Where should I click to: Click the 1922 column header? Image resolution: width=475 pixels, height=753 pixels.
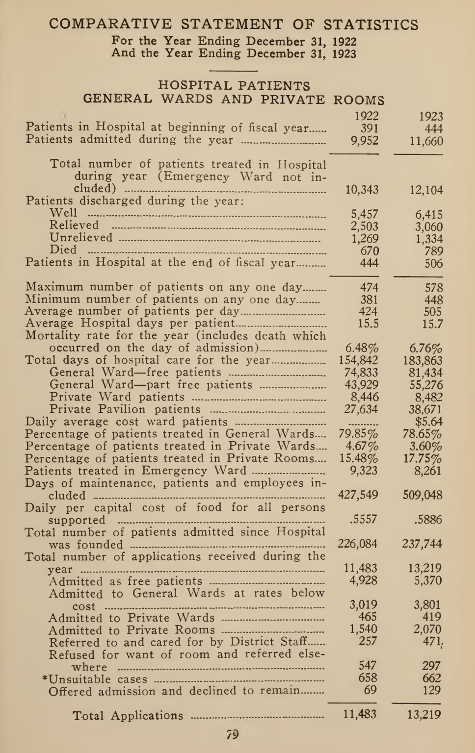click(367, 116)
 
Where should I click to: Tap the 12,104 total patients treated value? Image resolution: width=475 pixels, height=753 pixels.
click(426, 190)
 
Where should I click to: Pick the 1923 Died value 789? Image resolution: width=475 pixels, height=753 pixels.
click(433, 251)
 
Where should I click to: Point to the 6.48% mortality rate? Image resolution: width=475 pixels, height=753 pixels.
click(362, 349)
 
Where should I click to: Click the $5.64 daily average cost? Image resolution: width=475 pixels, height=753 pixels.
click(428, 422)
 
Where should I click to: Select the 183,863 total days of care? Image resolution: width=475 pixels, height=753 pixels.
click(422, 361)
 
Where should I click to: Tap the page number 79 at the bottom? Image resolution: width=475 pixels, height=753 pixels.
click(233, 734)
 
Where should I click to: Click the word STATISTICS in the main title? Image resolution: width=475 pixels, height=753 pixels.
click(370, 25)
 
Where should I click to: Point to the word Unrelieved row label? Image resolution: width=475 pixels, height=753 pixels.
click(81, 238)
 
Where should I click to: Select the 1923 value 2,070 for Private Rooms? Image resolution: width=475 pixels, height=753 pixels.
click(428, 629)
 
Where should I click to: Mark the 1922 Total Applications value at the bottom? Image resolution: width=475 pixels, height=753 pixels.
click(360, 715)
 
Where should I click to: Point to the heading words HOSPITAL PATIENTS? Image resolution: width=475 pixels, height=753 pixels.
click(234, 86)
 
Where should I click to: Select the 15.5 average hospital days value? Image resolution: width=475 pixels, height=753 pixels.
click(369, 324)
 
